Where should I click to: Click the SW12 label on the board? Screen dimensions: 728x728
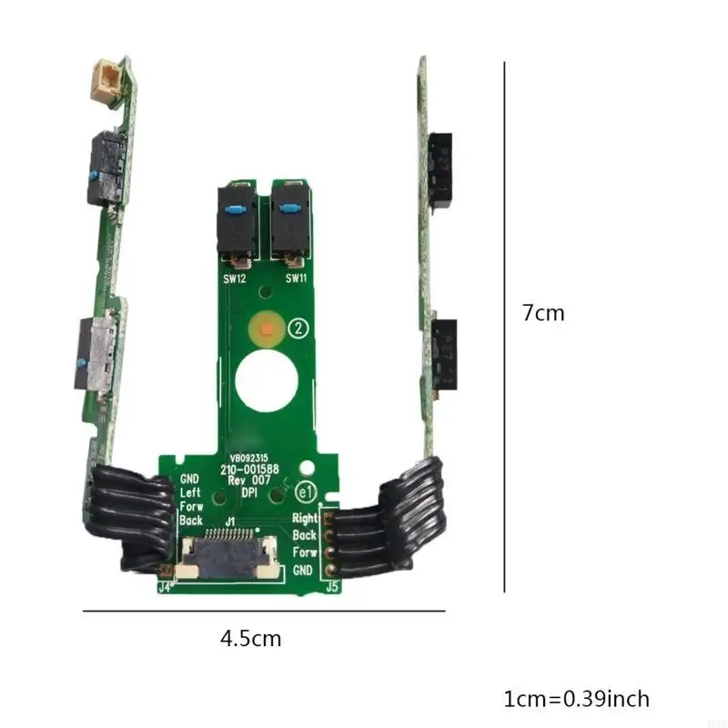point(236,278)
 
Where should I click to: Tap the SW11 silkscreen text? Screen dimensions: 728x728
point(296,278)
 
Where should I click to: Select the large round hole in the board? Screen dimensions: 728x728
point(263,381)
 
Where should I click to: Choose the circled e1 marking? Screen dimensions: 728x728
point(307,492)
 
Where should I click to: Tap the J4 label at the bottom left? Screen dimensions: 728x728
point(165,587)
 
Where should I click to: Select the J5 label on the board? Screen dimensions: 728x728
point(332,587)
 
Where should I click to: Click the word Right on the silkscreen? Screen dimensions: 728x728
point(304,518)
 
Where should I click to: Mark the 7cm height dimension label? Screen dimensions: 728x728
point(543,313)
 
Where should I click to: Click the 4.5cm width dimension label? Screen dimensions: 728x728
point(251,639)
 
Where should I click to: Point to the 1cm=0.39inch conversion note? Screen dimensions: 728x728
point(576,699)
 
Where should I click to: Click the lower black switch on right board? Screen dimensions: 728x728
point(443,355)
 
